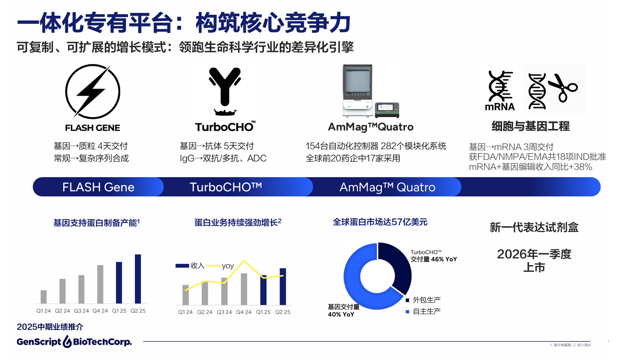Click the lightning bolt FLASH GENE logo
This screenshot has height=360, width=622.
[x=92, y=92]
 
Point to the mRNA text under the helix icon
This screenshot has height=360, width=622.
[x=500, y=107]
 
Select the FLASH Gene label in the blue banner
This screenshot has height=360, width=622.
[x=98, y=187]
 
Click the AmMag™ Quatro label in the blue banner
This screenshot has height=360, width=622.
[x=387, y=187]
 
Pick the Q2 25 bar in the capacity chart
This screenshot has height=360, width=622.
[x=138, y=279]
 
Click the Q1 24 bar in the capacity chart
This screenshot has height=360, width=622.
[x=44, y=297]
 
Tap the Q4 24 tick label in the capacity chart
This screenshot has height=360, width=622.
[x=100, y=311]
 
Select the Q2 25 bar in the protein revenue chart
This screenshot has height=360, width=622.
[x=283, y=287]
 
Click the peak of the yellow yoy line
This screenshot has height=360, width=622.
[x=244, y=261]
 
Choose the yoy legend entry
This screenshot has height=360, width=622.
[x=220, y=266]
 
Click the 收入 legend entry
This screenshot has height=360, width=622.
[x=190, y=266]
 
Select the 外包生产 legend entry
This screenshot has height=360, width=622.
[x=423, y=300]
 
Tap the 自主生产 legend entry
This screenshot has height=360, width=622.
[x=423, y=311]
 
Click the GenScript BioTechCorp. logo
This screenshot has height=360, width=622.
[x=74, y=341]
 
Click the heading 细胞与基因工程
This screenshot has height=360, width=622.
[x=530, y=126]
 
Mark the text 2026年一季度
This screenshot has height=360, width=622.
[x=534, y=254]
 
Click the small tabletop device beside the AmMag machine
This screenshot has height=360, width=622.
[x=387, y=110]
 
